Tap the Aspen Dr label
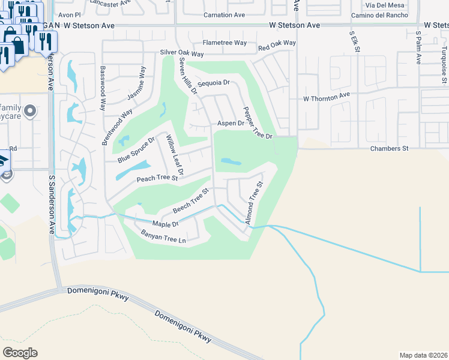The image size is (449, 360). (231, 123)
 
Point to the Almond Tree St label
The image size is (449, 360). (255, 203)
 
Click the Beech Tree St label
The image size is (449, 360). (190, 201)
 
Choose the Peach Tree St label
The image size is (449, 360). (157, 178)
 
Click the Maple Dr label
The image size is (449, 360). (166, 224)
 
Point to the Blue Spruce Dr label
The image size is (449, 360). (136, 149)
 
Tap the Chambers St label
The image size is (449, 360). (389, 148)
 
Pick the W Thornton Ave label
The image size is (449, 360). (327, 96)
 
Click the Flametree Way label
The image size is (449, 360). (224, 43)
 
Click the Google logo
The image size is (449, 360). (20, 352)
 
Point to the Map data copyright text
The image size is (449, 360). (423, 354)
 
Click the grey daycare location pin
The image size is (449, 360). (32, 111)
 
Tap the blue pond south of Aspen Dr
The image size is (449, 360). (231, 161)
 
